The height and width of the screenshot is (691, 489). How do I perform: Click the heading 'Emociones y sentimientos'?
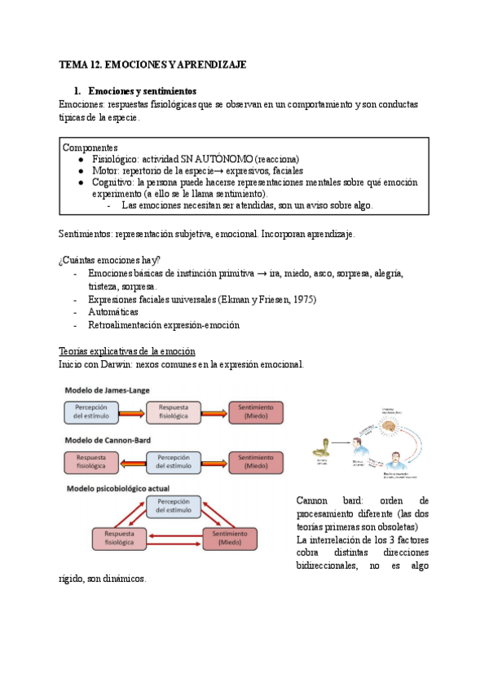143,90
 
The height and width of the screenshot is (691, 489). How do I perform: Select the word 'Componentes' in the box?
90,147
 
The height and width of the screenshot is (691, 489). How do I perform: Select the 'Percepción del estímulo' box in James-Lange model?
91,412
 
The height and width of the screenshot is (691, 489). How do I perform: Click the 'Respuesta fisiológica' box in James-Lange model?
174,412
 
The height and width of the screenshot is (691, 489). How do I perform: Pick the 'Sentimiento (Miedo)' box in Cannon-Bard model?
256,462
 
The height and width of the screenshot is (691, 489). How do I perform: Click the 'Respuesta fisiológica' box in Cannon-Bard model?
91,462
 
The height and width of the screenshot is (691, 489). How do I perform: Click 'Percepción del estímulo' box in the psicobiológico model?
174,506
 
